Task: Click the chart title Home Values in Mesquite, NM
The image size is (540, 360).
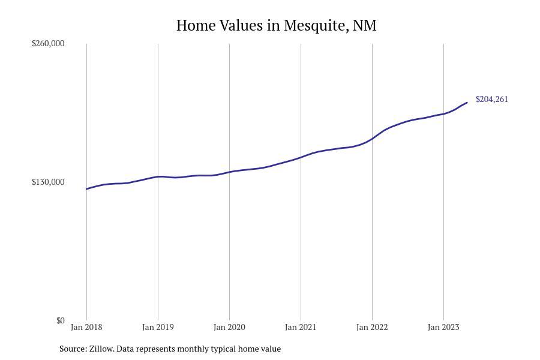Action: pos(276,26)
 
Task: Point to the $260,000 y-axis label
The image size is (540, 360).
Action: pos(48,43)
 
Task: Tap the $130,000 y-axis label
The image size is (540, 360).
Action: pos(48,182)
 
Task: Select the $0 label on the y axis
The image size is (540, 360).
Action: pos(60,320)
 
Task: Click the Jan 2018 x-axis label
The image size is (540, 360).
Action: pos(86,327)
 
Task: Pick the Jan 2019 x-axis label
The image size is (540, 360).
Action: pos(158,327)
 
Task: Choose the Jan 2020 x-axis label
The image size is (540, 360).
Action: pos(229,327)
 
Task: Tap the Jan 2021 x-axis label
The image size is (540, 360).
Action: pos(301,327)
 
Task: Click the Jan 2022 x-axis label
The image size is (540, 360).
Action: pos(372,327)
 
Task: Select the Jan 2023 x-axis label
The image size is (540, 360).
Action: pos(443,327)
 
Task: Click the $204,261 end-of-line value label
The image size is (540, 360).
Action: pos(492,99)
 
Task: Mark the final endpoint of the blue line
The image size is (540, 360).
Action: pos(467,103)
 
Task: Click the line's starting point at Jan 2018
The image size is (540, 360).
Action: pos(87,189)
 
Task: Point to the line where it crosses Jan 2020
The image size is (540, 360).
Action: pos(229,172)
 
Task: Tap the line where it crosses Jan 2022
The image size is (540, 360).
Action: pos(372,139)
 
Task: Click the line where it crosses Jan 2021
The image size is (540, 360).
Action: pos(301,157)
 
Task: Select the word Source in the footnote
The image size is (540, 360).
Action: pos(72,349)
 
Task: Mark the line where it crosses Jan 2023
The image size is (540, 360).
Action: pos(443,113)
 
